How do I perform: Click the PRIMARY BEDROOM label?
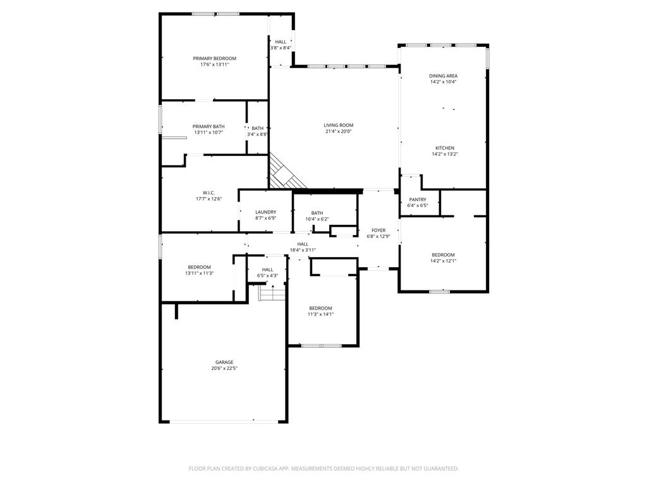click(214, 58)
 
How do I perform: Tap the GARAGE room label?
click(224, 362)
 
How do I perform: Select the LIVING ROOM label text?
click(339, 125)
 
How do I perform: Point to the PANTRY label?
click(418, 200)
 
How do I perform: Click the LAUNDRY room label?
click(265, 212)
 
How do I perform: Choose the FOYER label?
click(378, 231)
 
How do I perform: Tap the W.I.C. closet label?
click(209, 193)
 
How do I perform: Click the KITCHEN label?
click(444, 148)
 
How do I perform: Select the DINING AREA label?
click(443, 76)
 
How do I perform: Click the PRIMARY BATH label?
click(209, 126)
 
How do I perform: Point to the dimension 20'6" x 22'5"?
click(224, 368)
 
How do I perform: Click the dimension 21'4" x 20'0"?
click(339, 131)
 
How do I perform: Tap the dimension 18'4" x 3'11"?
click(303, 250)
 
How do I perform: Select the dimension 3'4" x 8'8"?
click(257, 134)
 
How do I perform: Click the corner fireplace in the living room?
click(286, 173)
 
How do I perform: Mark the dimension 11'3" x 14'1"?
click(320, 314)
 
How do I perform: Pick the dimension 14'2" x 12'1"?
click(443, 261)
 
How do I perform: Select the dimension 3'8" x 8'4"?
click(281, 48)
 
